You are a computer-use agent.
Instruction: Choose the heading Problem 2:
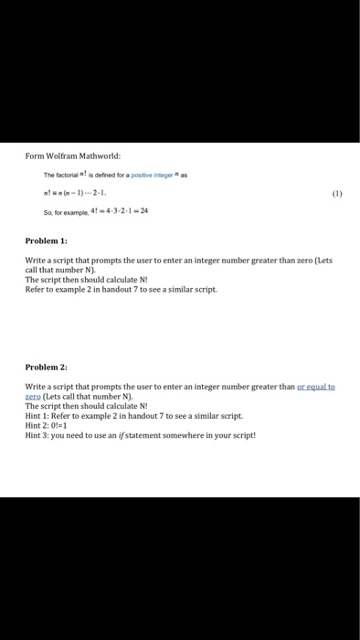46,366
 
